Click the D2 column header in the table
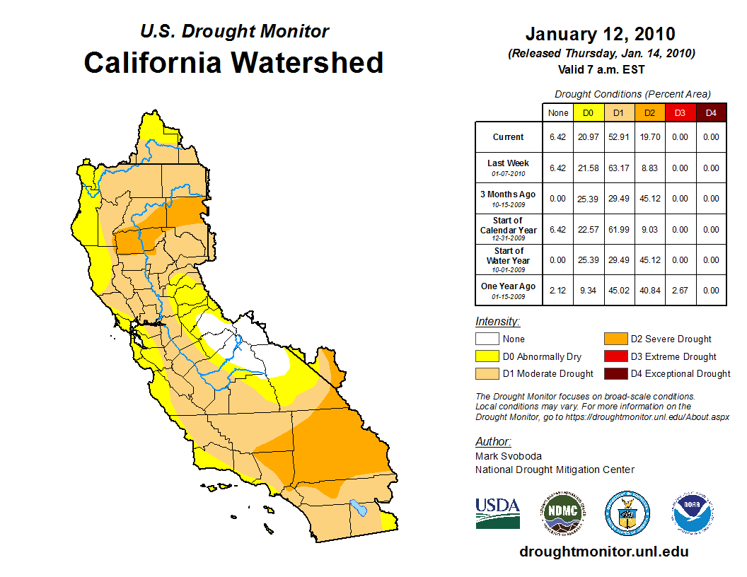(649, 112)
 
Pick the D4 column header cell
(711, 112)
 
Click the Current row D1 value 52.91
(619, 137)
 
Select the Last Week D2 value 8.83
(649, 168)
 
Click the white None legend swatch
(487, 339)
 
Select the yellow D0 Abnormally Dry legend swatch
(487, 356)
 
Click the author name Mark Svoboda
(509, 456)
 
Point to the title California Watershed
(233, 62)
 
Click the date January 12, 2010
(600, 34)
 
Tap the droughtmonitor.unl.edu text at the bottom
(603, 552)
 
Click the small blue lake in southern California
(359, 508)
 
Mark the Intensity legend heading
(497, 322)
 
